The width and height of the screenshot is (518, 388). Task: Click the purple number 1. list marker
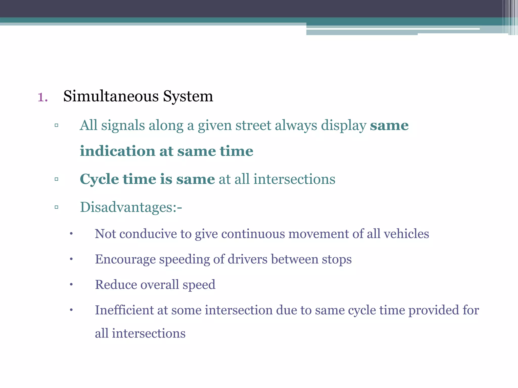[42, 97]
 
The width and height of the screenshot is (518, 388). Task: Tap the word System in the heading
[188, 96]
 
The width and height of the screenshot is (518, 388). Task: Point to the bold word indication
[118, 151]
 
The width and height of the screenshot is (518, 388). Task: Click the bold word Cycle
[99, 179]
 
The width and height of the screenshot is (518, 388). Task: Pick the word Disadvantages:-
[131, 207]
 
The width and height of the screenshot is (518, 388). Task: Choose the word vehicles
[406, 234]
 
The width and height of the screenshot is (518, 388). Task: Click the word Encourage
[125, 259]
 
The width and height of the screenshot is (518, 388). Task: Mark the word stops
[337, 259]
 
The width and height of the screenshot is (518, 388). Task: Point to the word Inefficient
[124, 310]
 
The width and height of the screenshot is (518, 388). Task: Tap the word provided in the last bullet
[434, 310]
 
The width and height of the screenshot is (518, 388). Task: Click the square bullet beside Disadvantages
[56, 207]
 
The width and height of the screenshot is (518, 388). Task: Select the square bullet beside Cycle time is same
[56, 179]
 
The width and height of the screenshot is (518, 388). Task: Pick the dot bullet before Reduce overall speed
[71, 285]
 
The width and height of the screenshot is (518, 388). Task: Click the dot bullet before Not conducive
[71, 234]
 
